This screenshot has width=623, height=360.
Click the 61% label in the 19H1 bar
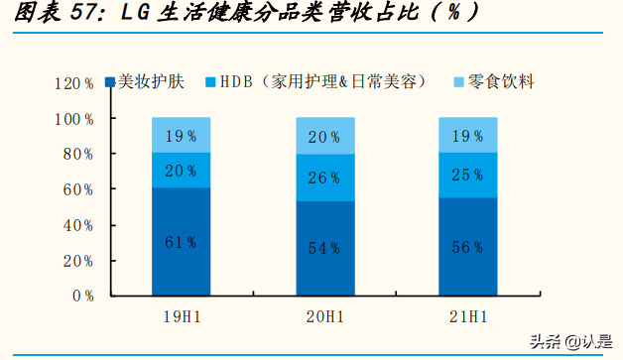point(181,242)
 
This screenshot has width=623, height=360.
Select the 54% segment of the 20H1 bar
point(325,248)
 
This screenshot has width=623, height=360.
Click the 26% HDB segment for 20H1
point(325,178)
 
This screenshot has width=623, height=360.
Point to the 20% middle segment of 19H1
point(181,171)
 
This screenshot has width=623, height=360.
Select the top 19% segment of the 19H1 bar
point(181,135)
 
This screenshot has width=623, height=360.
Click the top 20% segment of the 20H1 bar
point(325,137)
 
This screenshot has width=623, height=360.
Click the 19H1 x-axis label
point(181,316)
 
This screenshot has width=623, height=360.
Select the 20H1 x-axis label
point(325,316)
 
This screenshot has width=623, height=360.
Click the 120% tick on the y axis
point(74,83)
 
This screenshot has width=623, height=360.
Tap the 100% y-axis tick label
point(74,119)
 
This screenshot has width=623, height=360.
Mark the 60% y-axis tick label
point(78,189)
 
